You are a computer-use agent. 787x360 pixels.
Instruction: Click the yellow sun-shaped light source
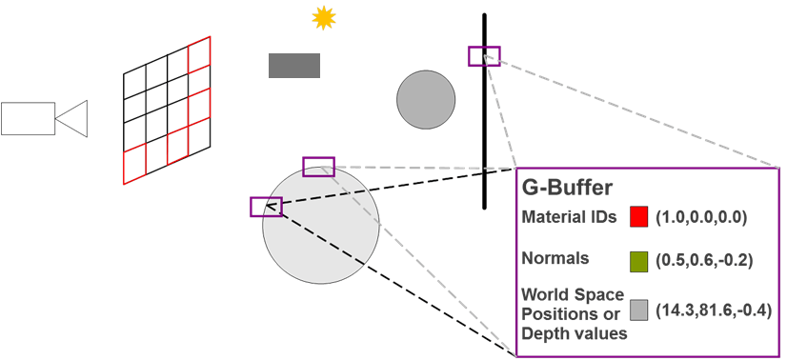pyautogui.click(x=325, y=17)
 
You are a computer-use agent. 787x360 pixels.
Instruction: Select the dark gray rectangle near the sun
pyautogui.click(x=294, y=66)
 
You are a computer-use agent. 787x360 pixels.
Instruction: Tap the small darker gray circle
pyautogui.click(x=426, y=99)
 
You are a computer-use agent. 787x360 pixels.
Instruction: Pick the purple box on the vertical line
pyautogui.click(x=484, y=55)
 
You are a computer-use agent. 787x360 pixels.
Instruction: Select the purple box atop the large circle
pyautogui.click(x=318, y=167)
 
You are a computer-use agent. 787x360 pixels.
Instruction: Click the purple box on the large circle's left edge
pyautogui.click(x=266, y=207)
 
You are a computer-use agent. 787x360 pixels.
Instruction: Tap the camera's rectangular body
pyautogui.click(x=28, y=118)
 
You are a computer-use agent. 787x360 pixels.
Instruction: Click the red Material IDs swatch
pyautogui.click(x=638, y=217)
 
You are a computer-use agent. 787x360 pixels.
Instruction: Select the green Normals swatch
pyautogui.click(x=638, y=259)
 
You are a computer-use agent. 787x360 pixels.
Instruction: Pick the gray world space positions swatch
pyautogui.click(x=638, y=310)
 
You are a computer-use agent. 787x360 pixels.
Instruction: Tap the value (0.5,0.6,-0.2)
pyautogui.click(x=700, y=259)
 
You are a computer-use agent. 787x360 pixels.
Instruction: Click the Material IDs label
pyautogui.click(x=570, y=217)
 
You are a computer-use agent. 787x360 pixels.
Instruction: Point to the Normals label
pyautogui.click(x=555, y=258)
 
